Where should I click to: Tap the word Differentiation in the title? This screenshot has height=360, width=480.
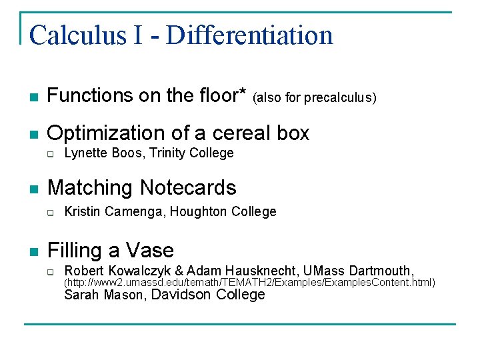tap(249, 35)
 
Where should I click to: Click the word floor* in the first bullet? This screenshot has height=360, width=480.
tap(217, 96)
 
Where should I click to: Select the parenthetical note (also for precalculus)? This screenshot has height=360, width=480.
tap(315, 99)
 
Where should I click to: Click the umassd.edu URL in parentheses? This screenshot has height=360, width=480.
tap(249, 283)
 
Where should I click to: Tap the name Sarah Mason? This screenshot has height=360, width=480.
tap(103, 295)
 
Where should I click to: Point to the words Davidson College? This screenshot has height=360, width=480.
tap(209, 295)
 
